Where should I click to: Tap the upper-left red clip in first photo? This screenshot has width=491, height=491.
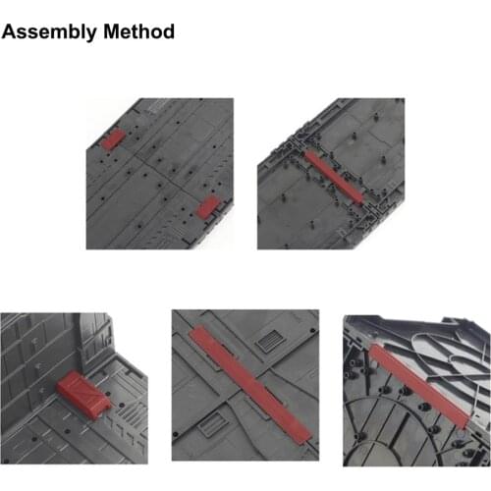click(113, 138)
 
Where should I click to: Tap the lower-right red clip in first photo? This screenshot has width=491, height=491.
click(208, 206)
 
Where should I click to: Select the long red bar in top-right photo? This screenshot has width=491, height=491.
click(333, 177)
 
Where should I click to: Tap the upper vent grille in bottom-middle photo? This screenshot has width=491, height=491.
click(267, 343)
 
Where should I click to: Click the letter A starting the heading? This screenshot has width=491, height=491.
click(11, 32)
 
